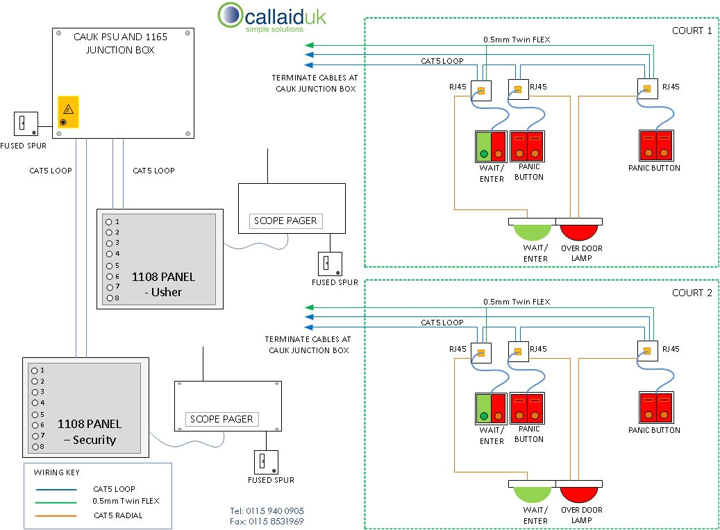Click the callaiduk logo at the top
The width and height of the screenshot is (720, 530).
click(x=271, y=17)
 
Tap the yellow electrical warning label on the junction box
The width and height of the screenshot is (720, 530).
click(x=68, y=112)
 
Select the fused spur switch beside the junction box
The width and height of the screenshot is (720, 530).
click(x=25, y=123)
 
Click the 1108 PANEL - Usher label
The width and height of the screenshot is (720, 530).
click(x=163, y=284)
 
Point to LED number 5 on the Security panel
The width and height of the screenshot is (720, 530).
click(x=34, y=414)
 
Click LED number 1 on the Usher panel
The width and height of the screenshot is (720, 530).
click(x=108, y=222)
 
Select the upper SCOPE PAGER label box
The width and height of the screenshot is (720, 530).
click(x=285, y=221)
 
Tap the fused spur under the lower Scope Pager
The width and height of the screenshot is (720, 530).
click(x=266, y=461)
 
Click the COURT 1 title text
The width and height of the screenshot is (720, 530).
click(x=692, y=31)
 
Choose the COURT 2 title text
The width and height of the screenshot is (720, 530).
click(x=692, y=293)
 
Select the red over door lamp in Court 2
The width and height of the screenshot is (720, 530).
click(x=581, y=494)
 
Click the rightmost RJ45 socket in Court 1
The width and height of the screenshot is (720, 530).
click(x=647, y=89)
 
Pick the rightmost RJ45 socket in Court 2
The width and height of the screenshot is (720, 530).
click(x=647, y=351)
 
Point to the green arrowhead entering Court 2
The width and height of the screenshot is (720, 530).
click(x=309, y=307)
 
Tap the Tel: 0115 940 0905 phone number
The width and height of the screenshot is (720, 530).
click(x=267, y=511)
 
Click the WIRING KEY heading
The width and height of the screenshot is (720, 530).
click(x=57, y=472)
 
